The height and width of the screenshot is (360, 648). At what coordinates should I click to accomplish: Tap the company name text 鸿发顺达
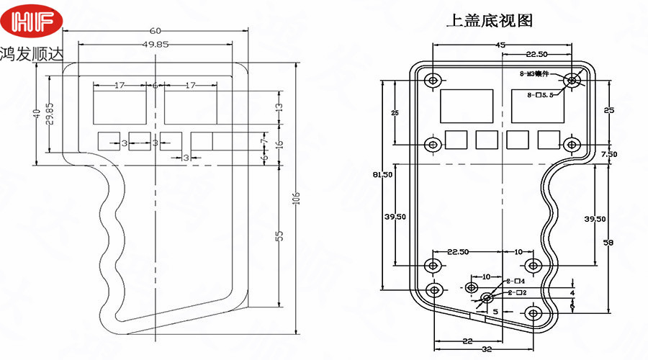pyautogui.click(x=32, y=55)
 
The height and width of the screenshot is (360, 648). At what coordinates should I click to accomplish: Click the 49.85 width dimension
pyautogui.click(x=156, y=44)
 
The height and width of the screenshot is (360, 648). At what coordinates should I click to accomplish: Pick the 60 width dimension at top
pyautogui.click(x=156, y=31)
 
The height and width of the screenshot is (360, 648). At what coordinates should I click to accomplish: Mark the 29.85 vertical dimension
pyautogui.click(x=49, y=114)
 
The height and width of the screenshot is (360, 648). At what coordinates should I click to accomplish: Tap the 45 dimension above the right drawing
pyautogui.click(x=500, y=45)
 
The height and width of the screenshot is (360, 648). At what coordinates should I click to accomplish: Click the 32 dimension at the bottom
pyautogui.click(x=487, y=349)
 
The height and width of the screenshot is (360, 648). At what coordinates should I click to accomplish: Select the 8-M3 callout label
pyautogui.click(x=534, y=73)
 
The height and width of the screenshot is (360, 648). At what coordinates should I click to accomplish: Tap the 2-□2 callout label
pyautogui.click(x=518, y=292)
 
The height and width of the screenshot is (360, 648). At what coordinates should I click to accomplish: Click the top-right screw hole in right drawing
pyautogui.click(x=572, y=80)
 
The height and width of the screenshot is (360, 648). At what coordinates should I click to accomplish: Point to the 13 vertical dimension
pyautogui.click(x=279, y=107)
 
